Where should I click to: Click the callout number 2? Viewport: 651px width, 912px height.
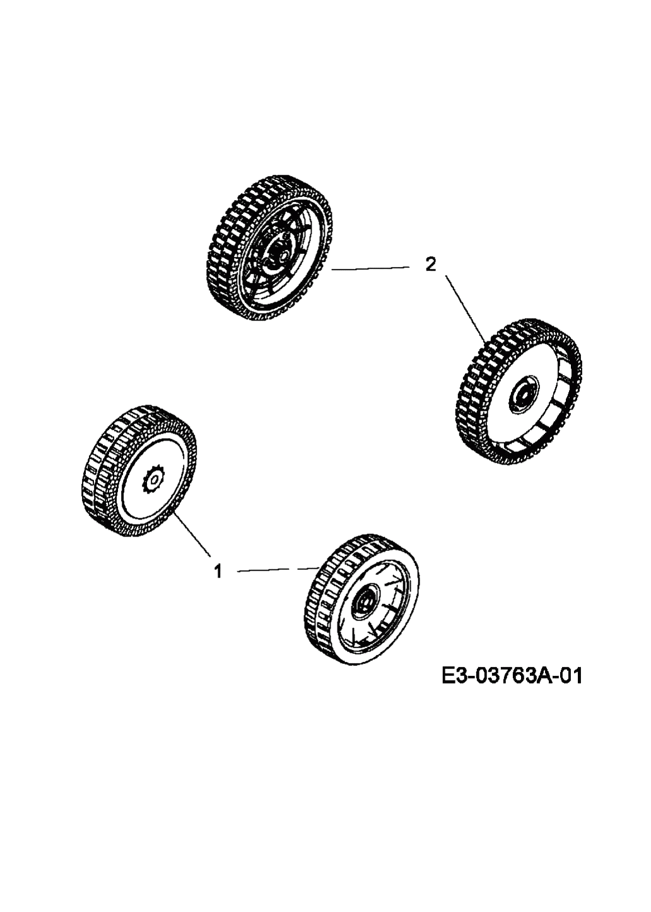tap(430, 264)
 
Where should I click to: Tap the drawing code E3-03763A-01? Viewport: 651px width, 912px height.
tap(512, 677)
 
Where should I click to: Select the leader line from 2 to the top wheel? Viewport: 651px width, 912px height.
tap(370, 268)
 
